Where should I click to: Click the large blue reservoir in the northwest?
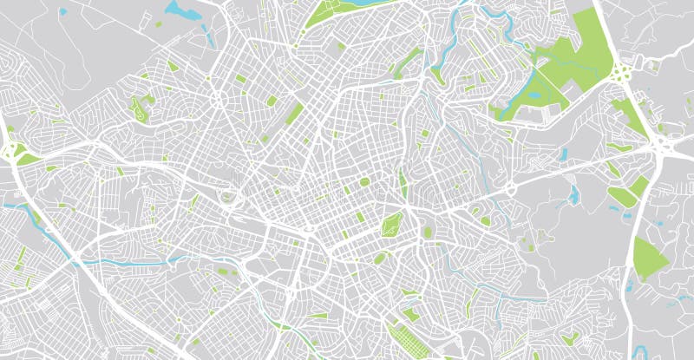[180, 10]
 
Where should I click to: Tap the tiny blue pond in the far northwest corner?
[63, 11]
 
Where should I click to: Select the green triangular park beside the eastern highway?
[650, 258]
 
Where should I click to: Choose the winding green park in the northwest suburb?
[139, 108]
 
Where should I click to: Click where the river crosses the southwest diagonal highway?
[77, 259]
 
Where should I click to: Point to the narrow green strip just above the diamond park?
[403, 183]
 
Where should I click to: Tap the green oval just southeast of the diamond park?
[427, 232]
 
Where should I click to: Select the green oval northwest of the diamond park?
[363, 182]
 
